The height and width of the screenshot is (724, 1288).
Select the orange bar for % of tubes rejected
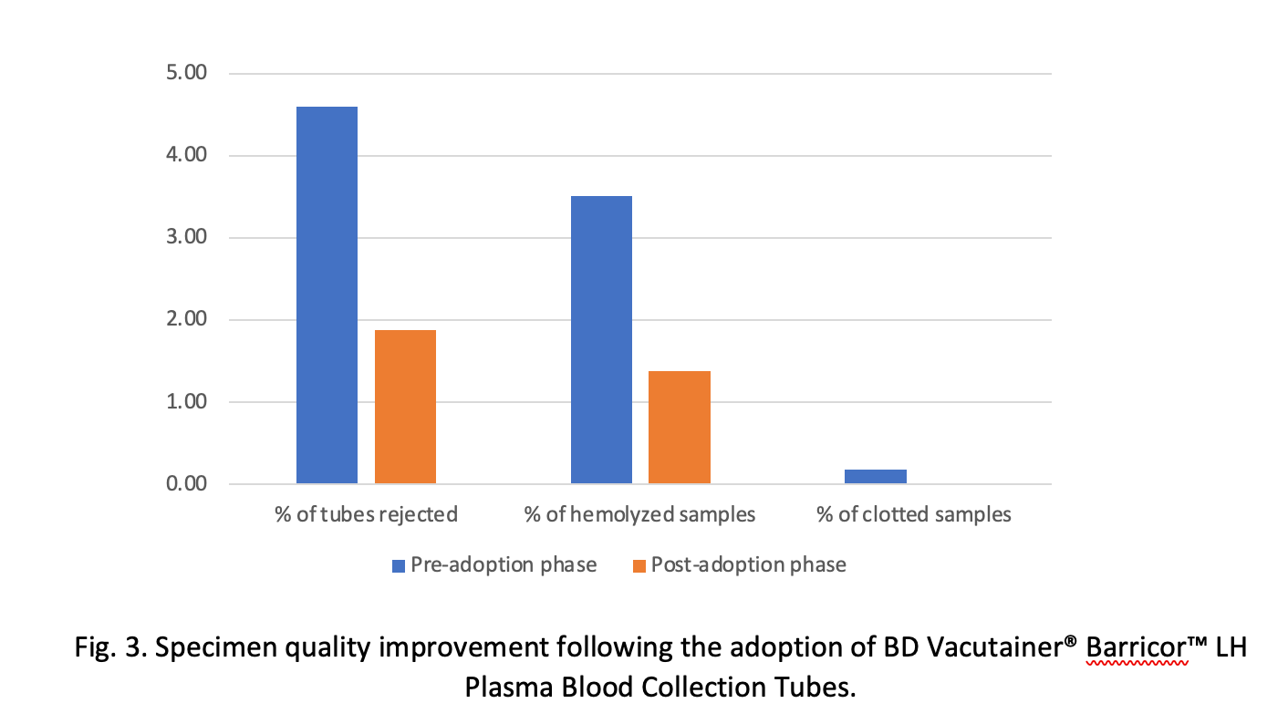point(405,407)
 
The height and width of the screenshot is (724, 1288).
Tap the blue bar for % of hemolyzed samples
point(601,339)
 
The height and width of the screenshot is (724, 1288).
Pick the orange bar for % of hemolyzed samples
point(680,427)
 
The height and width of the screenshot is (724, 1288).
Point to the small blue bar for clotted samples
point(876,476)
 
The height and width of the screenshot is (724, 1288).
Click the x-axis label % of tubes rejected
point(366,514)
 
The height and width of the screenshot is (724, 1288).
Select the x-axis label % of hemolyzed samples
point(640,514)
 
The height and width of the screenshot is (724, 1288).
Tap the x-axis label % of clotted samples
point(914,514)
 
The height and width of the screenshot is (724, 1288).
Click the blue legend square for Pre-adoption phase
point(399,565)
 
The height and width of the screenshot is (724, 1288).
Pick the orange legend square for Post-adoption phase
point(639,565)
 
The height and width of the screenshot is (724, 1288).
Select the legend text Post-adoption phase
point(748,565)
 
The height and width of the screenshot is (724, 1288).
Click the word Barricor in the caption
point(1136,649)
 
